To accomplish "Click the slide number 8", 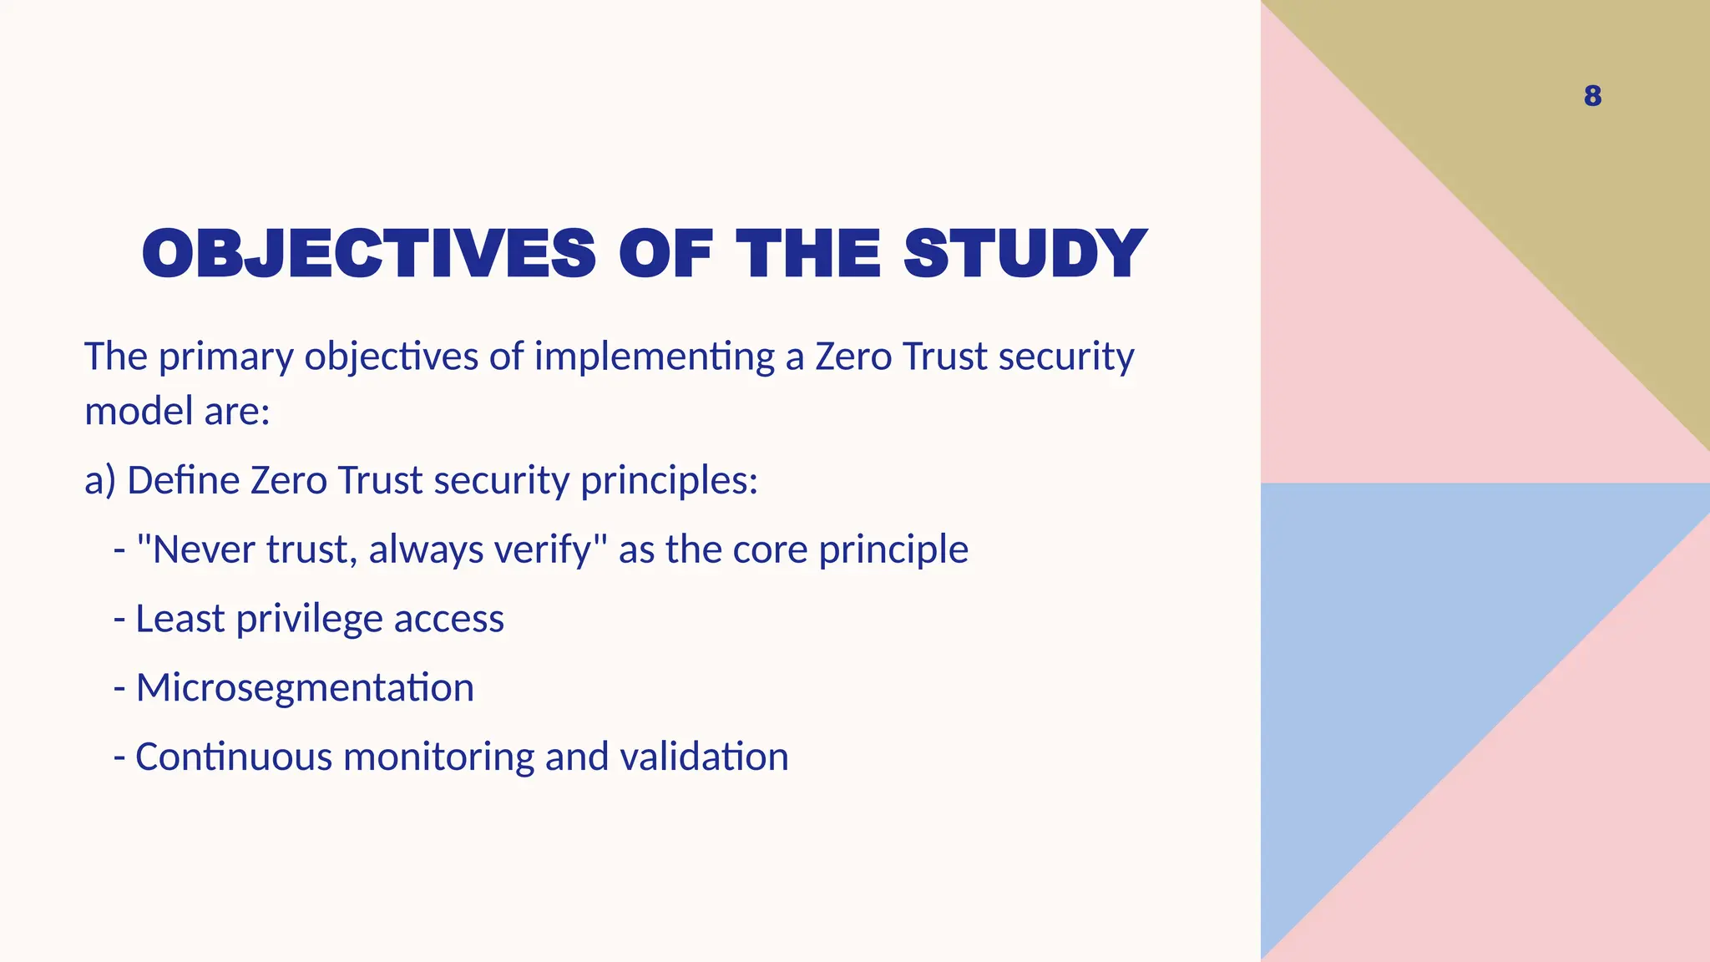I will (x=1592, y=96).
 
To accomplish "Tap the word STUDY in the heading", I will (x=1025, y=254).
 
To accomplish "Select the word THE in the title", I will (x=807, y=254).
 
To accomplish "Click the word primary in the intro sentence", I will (x=225, y=357).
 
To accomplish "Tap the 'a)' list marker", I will (x=99, y=481).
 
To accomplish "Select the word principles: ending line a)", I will (x=669, y=481).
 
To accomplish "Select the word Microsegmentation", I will (x=305, y=688).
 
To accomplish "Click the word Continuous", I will (x=233, y=757).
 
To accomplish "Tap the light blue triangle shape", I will (x=1403, y=668).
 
